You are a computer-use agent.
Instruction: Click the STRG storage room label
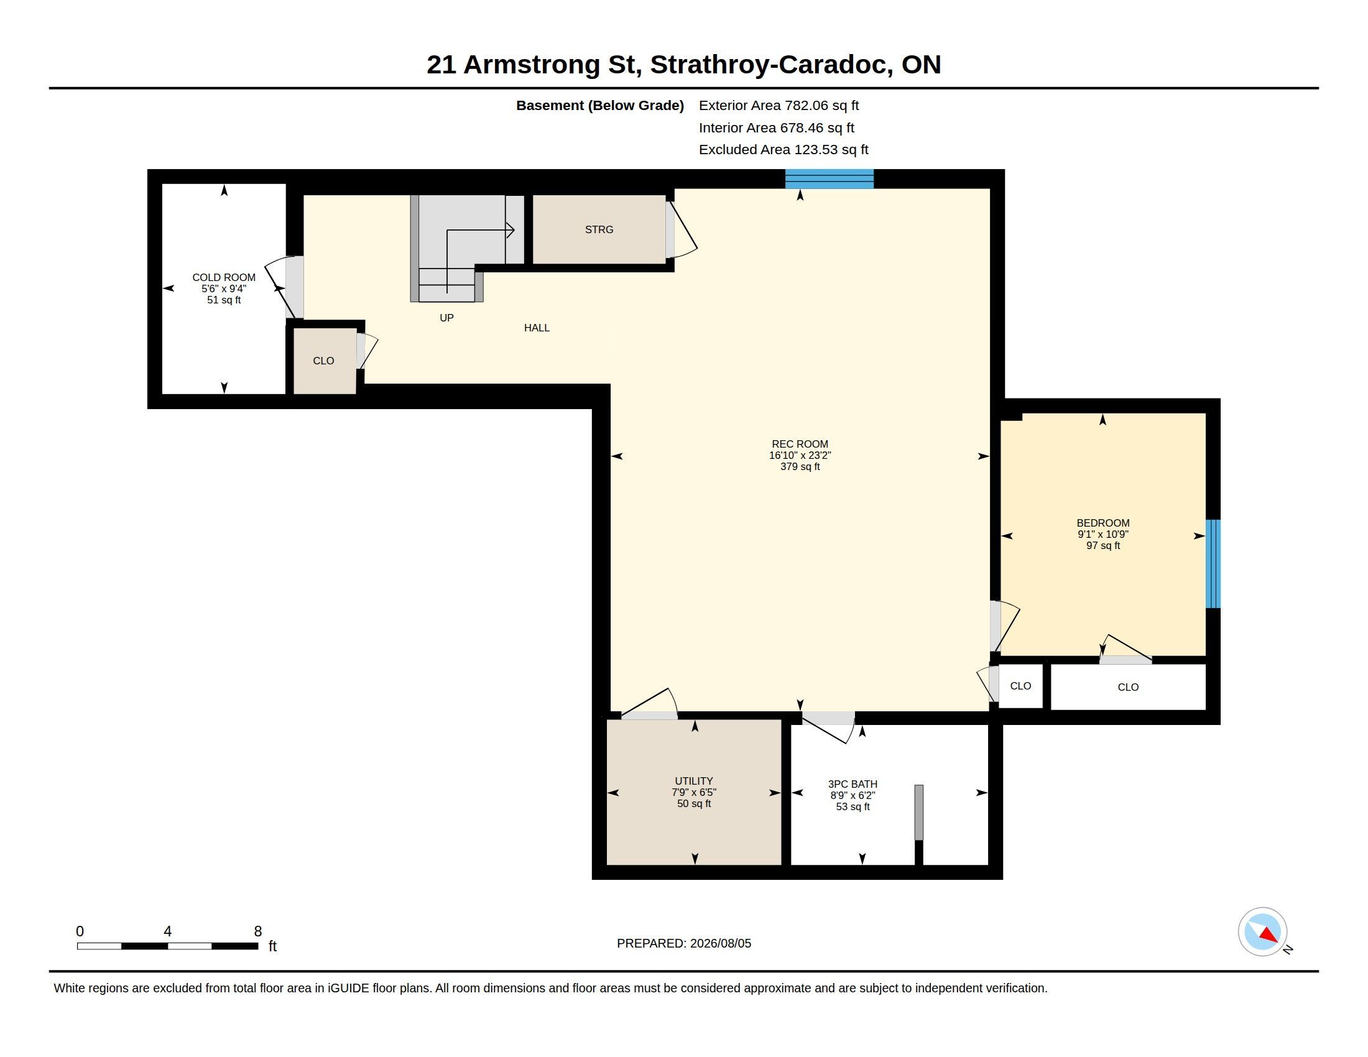(599, 230)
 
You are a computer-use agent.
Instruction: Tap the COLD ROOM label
(224, 277)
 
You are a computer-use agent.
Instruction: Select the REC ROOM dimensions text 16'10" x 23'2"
(800, 455)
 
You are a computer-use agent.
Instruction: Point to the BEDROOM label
(1102, 523)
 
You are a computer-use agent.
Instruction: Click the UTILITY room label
(693, 781)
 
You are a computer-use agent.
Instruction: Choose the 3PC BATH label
(853, 784)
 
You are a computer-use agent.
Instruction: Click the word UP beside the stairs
(446, 318)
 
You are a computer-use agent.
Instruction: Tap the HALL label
(537, 328)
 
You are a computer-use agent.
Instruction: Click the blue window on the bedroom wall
(1213, 563)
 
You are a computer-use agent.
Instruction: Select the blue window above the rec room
(830, 178)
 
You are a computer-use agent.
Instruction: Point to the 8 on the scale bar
(257, 931)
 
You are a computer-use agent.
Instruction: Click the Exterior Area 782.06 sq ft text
(779, 106)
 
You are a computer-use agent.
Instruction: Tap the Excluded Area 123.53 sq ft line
(783, 150)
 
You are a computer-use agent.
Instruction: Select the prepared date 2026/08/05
(720, 943)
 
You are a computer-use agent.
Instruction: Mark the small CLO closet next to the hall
(324, 361)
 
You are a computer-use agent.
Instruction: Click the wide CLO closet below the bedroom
(1128, 687)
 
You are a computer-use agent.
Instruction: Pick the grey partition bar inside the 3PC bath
(918, 812)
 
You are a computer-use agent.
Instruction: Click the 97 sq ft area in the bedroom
(1102, 545)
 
